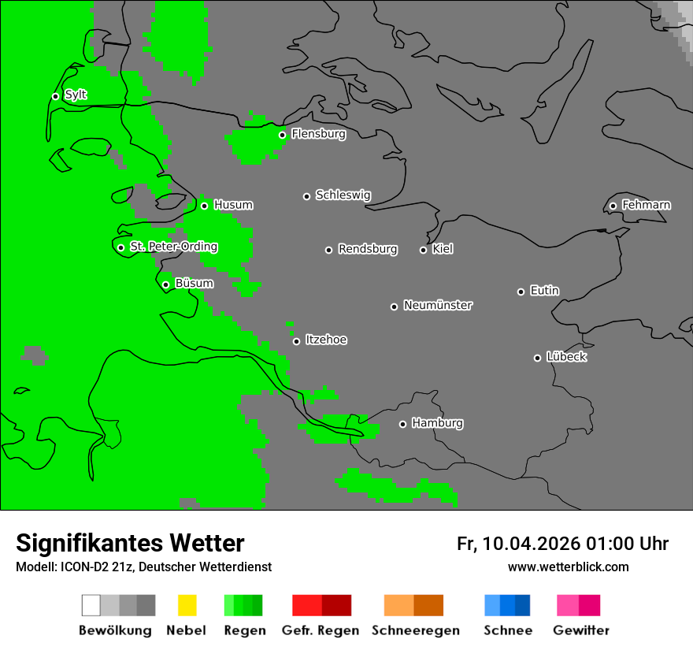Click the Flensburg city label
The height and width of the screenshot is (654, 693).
point(318,134)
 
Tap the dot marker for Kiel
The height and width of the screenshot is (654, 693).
point(423,250)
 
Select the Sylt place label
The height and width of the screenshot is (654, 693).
point(76,95)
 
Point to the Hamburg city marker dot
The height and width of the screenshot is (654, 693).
point(402,424)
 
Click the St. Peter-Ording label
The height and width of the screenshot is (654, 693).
point(173,247)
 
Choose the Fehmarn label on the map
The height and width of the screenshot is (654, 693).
point(646,205)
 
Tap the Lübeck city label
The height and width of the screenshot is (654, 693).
point(566,357)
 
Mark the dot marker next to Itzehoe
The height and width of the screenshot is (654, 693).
point(296,341)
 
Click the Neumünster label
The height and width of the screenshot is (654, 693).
point(438,305)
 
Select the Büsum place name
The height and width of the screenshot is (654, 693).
point(194,284)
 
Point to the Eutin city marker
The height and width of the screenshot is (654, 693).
point(521,292)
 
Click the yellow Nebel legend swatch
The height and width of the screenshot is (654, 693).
point(187,605)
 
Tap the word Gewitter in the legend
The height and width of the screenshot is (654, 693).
point(581,630)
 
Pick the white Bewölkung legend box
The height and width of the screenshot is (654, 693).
point(91,605)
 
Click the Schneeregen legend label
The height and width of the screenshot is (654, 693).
point(416,630)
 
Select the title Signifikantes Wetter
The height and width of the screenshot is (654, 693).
point(130,543)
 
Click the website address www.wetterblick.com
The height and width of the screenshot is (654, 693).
point(568,567)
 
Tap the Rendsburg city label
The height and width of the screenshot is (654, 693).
point(368,249)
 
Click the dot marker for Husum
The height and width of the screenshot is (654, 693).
point(204,206)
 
